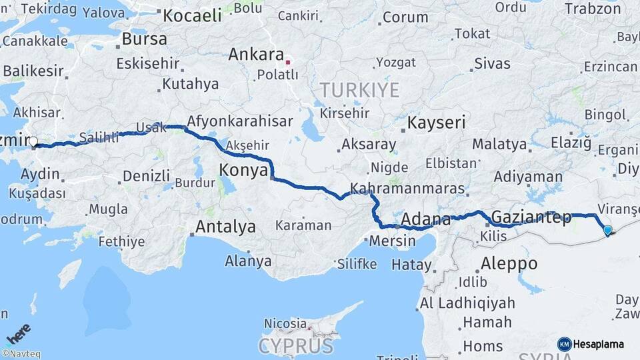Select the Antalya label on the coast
[225, 227]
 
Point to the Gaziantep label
[531, 217]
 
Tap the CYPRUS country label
[295, 345]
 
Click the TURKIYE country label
[359, 89]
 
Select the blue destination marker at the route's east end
[607, 231]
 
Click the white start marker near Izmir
[33, 141]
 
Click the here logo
[18, 333]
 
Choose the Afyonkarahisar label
[240, 122]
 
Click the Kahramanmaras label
[407, 189]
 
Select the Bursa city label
[144, 39]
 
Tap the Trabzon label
[593, 9]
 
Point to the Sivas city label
[492, 64]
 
